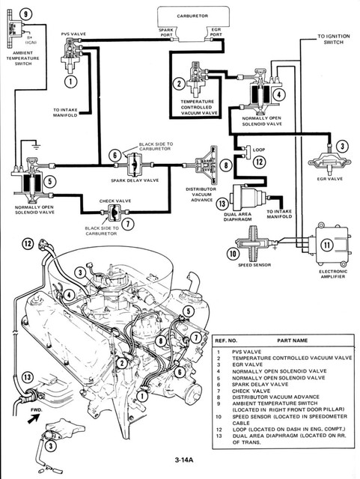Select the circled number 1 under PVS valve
point(71,80)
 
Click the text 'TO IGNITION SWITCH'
point(334,40)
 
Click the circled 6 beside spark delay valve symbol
point(115,155)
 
